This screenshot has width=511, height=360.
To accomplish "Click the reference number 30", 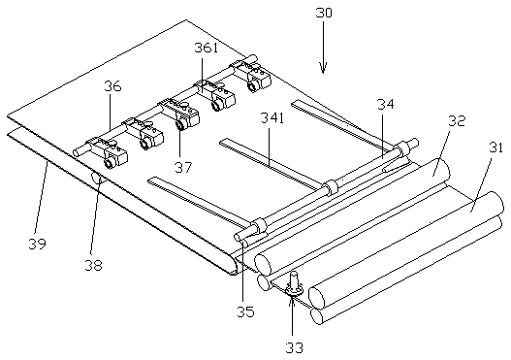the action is [324, 13].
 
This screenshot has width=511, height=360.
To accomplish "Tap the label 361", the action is [206, 48].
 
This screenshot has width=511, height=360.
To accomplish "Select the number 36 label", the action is [112, 86].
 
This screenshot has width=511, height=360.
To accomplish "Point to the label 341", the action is [272, 118].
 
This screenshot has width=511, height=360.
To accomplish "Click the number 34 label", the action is [386, 105].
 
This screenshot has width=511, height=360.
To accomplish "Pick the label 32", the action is [457, 121].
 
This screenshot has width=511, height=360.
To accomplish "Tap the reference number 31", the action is [495, 147].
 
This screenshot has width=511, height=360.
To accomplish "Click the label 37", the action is [183, 168].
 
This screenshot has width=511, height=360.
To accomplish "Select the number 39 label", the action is [37, 244].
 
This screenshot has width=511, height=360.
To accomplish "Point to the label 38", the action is [93, 266].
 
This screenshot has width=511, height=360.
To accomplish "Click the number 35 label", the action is [245, 312].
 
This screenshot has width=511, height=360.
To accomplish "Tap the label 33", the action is [294, 348].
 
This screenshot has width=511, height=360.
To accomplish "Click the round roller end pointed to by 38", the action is [95, 178].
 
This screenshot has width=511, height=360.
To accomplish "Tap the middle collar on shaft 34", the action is [330, 186].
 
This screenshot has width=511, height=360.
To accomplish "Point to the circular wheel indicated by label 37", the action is [180, 125].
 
